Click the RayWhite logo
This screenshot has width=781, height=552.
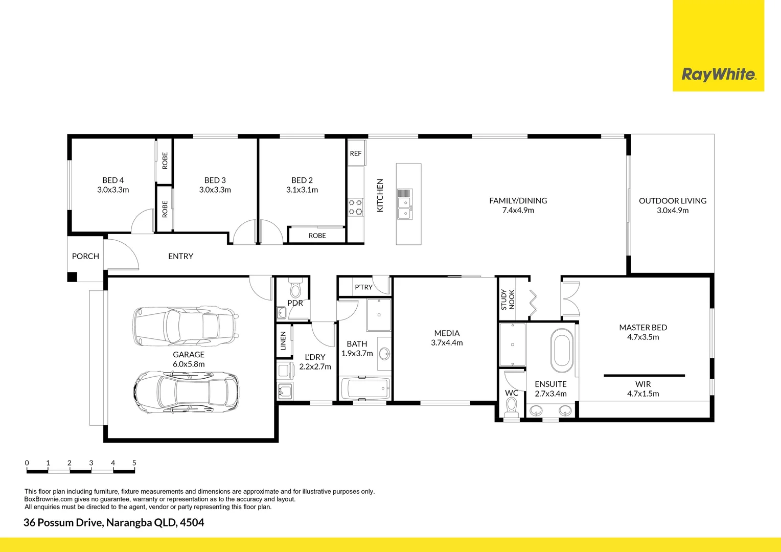pos(718,75)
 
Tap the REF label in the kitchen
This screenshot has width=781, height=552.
pos(356,153)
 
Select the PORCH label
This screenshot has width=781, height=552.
pos(85,256)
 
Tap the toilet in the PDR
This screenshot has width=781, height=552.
pos(295,289)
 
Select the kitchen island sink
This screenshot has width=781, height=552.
pos(405,204)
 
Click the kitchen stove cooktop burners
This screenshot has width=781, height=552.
pos(355,207)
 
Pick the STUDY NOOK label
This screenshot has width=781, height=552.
pos(508,300)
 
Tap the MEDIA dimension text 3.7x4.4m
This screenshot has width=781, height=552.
pos(447,343)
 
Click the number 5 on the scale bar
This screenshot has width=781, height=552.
pos(134,463)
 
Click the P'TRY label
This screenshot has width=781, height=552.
pos(363,287)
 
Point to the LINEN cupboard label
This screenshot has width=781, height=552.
pos(284,341)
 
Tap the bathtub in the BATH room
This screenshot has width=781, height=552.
pos(364,389)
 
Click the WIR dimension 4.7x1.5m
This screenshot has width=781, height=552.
pos(643,394)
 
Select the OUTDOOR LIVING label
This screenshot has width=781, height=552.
pos(673,201)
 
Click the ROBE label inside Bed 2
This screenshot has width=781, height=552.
pos(317,236)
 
